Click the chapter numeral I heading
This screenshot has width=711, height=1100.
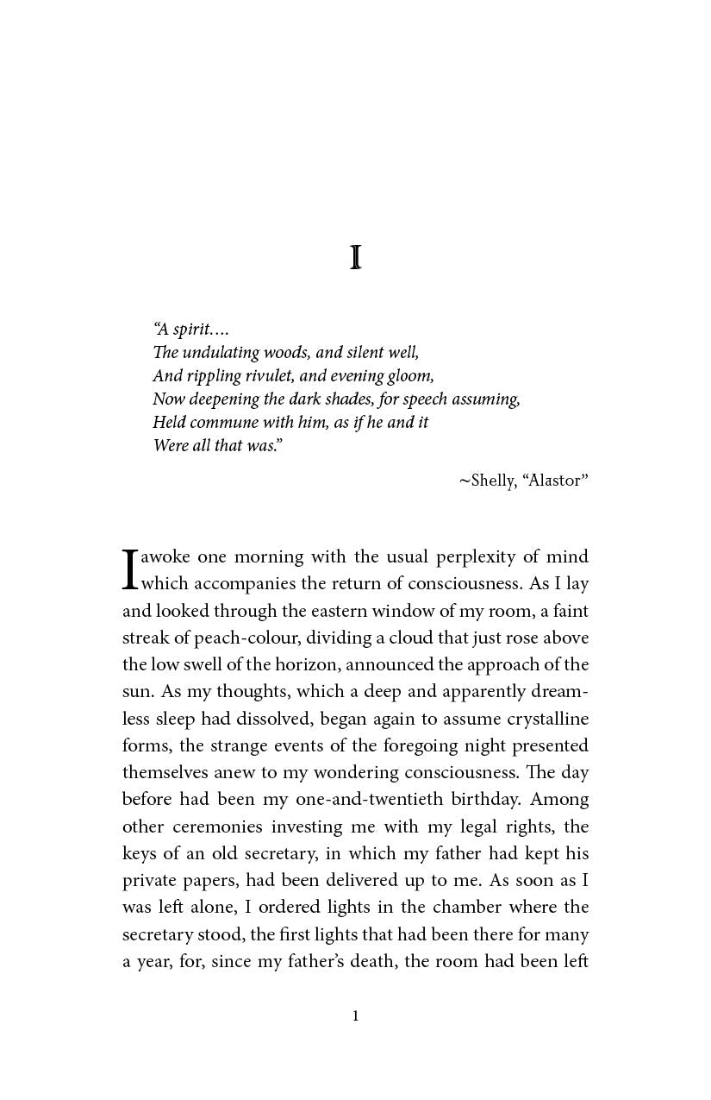click(355, 258)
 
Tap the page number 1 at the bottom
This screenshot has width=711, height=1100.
click(355, 1016)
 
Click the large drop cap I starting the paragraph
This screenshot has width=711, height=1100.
click(130, 569)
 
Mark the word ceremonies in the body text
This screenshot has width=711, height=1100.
click(217, 827)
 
